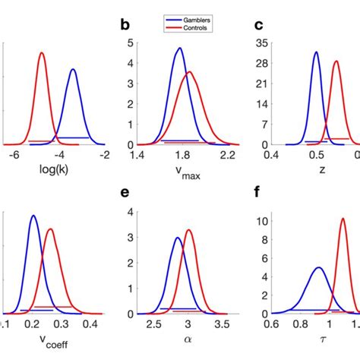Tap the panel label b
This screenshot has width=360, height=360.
pos(126,26)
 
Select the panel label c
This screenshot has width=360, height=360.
pos(258,26)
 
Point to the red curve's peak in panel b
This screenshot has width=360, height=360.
pos(189,72)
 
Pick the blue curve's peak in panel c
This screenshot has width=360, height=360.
pos(316,52)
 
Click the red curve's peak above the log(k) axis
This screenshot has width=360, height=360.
pos(42,52)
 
